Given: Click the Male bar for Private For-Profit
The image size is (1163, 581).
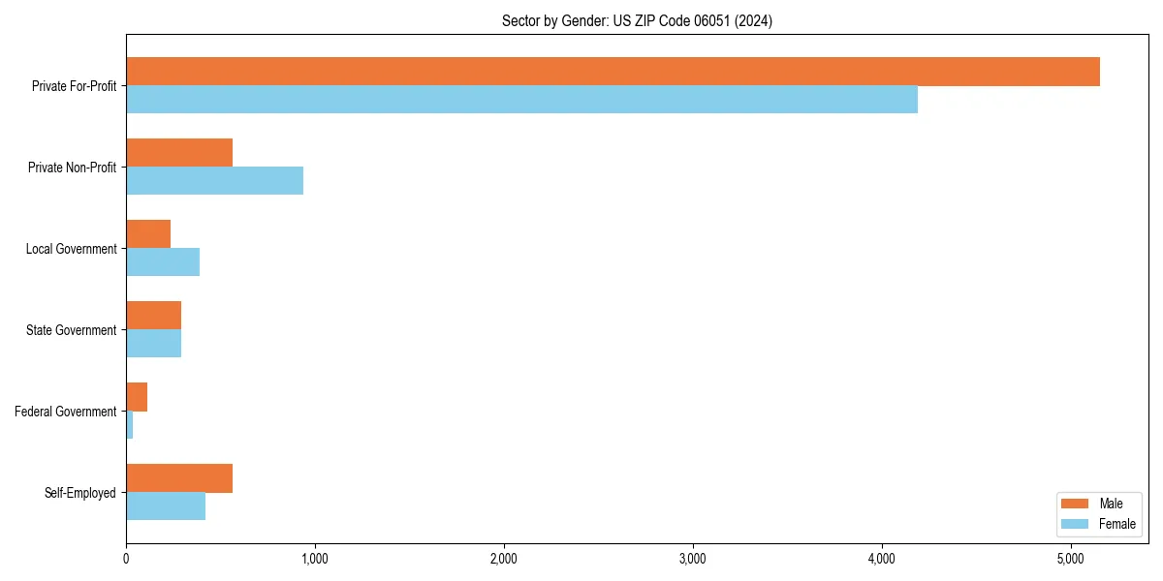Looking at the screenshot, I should [613, 72].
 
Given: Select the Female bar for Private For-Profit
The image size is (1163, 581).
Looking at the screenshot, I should [521, 99].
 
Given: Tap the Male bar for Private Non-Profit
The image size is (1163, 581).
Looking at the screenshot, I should [179, 153].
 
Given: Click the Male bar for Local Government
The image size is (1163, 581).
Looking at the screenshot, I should [148, 234].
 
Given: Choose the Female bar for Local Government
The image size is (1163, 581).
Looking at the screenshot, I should [163, 261].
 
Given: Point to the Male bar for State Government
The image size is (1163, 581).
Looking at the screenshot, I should [153, 316].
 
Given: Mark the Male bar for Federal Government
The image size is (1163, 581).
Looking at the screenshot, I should [137, 397].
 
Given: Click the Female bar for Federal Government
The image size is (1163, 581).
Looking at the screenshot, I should [130, 424].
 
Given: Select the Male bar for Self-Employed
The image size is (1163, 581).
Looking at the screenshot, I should [179, 478].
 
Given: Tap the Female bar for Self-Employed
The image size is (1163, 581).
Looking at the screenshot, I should [166, 505].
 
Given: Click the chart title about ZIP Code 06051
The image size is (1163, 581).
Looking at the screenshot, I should [637, 20].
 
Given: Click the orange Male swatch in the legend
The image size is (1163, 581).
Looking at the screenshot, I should [1076, 504].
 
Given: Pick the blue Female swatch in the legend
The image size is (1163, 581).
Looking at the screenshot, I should [1076, 524].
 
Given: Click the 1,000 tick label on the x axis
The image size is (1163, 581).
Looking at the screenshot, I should [314, 559].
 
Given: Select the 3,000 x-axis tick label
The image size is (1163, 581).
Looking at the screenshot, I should [692, 559].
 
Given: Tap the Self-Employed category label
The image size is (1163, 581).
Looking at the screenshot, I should [80, 493].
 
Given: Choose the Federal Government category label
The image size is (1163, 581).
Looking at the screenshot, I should [66, 412].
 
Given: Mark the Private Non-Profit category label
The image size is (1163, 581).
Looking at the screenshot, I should [72, 168].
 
